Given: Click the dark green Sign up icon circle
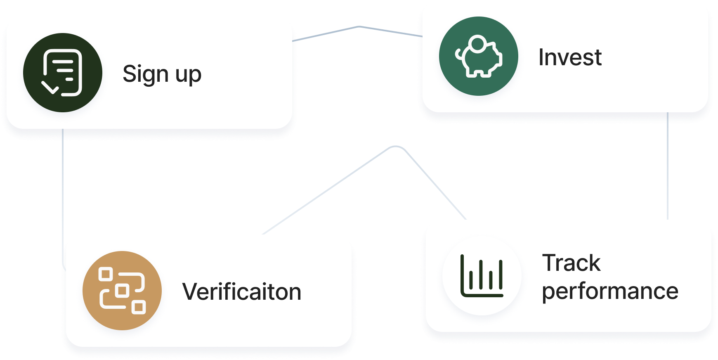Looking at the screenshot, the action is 62,73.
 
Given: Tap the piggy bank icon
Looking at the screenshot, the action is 479,57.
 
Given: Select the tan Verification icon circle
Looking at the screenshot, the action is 122,290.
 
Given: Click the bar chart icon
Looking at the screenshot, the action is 482,276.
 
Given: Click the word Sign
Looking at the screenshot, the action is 146,75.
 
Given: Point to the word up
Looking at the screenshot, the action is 188,76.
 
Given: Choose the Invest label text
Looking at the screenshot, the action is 570,57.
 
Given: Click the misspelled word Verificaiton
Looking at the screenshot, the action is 242,292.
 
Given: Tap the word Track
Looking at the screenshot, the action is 571,263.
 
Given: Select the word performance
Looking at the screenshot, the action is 610,291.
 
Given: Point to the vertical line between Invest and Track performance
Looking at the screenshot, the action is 668,165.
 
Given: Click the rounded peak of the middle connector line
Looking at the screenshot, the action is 395,146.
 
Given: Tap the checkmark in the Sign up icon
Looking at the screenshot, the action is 51,87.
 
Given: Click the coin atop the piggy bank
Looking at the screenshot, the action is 478,43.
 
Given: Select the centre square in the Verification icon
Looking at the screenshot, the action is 122,290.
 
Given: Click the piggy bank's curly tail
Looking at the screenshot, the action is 458,54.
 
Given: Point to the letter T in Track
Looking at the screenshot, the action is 550,263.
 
